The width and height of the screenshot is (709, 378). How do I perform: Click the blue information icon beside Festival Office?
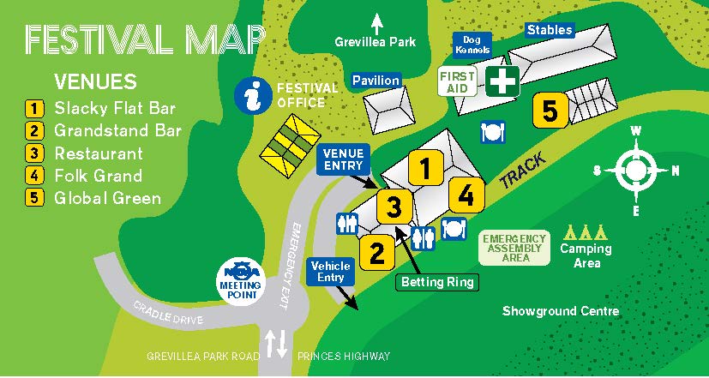(x=252, y=93)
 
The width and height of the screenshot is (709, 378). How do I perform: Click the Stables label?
(x=550, y=30)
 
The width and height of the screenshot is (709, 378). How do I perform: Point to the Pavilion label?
(x=376, y=81)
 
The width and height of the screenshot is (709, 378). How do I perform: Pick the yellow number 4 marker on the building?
(x=466, y=195)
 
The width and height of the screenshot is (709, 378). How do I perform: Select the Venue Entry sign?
(x=343, y=159)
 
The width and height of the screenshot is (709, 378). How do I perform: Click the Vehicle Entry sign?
(x=330, y=272)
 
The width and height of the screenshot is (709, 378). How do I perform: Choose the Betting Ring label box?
(x=437, y=281)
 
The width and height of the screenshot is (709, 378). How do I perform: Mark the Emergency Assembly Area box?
(x=514, y=248)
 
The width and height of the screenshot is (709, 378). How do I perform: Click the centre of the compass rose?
(x=635, y=170)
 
